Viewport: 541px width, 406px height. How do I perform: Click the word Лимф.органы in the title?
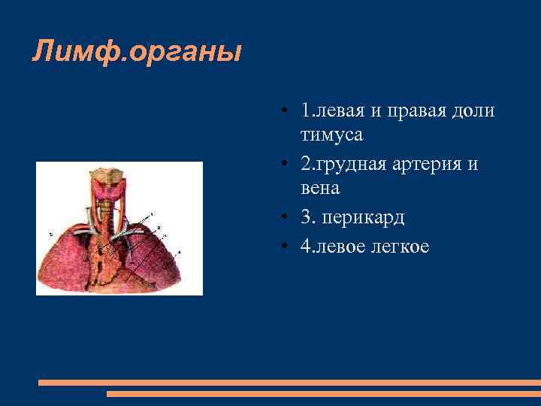(137, 53)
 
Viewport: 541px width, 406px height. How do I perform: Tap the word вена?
(320, 187)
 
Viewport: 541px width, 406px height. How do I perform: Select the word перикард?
(367, 217)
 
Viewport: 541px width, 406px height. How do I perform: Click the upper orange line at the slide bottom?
(289, 383)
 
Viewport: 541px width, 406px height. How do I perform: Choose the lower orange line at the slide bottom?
(323, 393)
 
